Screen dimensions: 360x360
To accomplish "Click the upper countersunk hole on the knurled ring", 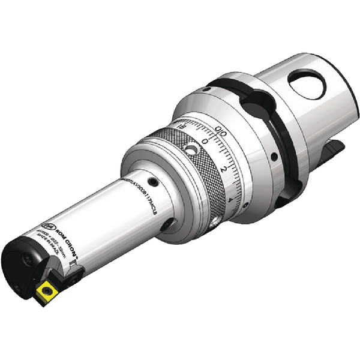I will tap(190, 148).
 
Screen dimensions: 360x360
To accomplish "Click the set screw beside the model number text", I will tap(154, 182).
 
